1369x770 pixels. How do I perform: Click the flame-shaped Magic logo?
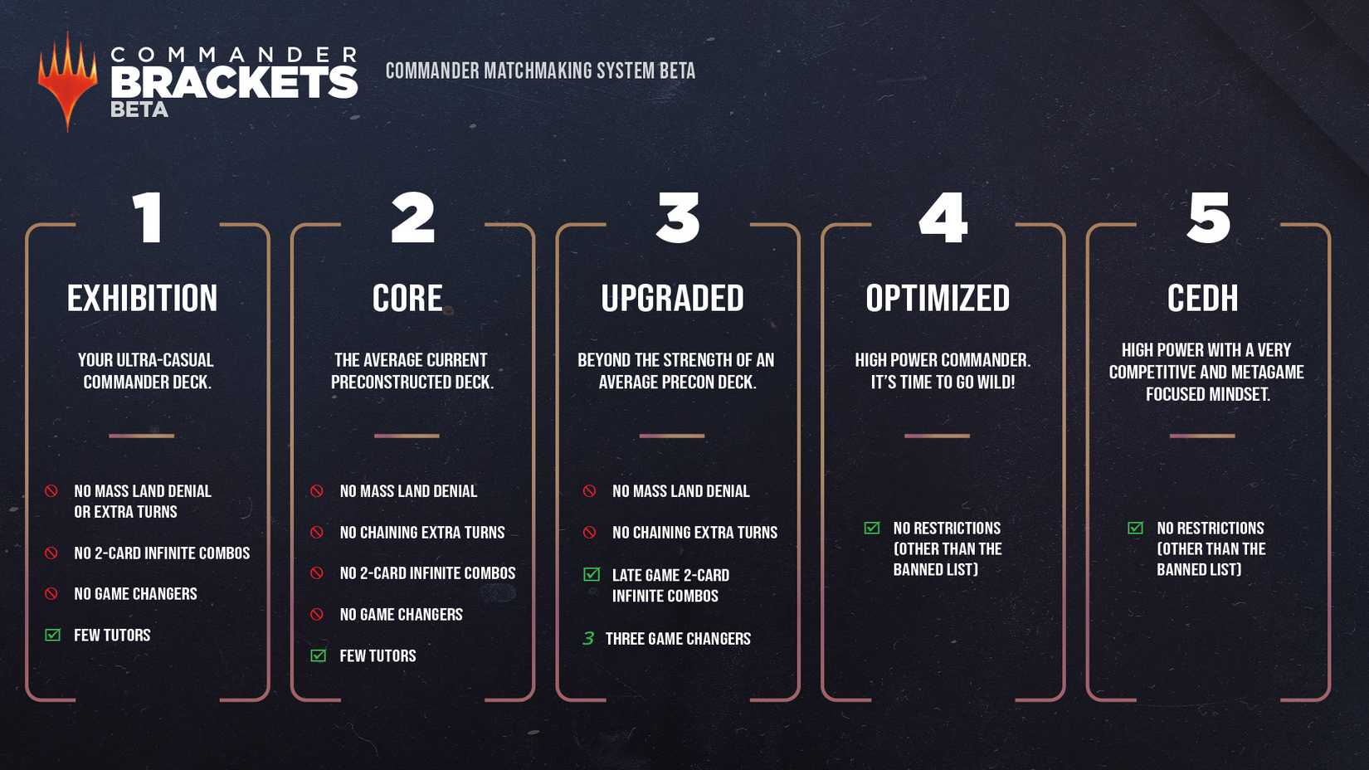tap(68, 81)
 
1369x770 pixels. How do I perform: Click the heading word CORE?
tap(407, 298)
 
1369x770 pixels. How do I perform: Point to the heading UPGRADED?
tap(672, 298)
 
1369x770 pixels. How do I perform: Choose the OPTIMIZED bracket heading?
tap(938, 298)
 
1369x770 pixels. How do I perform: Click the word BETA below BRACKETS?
tap(139, 110)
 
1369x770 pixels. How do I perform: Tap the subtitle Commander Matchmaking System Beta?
tap(540, 71)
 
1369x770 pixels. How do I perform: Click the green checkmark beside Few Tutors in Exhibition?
tap(52, 635)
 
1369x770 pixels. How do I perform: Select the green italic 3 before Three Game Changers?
tap(588, 639)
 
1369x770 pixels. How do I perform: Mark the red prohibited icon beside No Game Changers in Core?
tap(317, 614)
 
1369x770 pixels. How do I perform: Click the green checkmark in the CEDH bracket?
tap(1135, 528)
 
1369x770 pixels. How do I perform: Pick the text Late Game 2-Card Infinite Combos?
tap(670, 586)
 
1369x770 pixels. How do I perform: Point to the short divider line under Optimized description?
tap(937, 436)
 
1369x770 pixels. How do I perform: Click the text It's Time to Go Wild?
tap(943, 383)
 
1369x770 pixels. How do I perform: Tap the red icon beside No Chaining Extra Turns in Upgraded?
tap(589, 532)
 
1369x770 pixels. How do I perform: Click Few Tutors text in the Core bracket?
tap(378, 655)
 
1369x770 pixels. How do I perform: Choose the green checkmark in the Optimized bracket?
tap(872, 528)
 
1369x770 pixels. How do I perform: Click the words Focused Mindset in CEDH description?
tap(1208, 394)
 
